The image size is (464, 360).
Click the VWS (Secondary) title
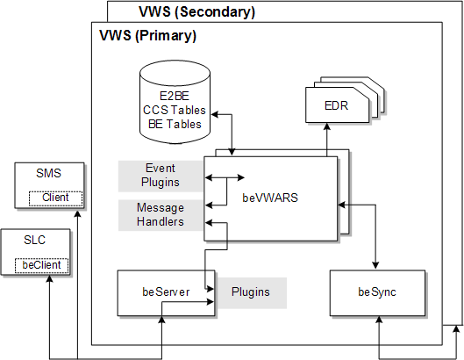click(196, 12)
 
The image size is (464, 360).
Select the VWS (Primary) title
click(145, 37)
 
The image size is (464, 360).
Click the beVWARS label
click(270, 198)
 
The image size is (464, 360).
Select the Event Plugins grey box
click(160, 176)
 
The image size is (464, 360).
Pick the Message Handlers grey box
click(160, 215)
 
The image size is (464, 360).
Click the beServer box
click(166, 292)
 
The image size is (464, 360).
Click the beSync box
click(378, 292)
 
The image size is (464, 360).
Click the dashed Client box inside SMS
click(55, 198)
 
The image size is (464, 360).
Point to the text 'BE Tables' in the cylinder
click(174, 124)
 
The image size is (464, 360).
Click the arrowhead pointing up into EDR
click(326, 128)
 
